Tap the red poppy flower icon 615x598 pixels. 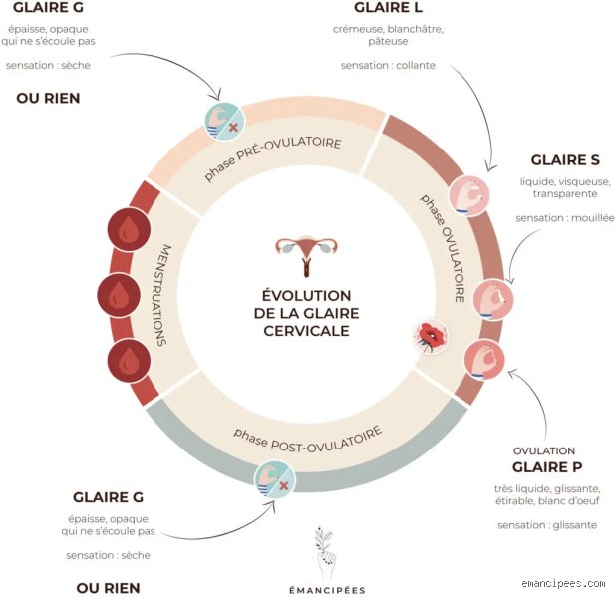pos(431,337)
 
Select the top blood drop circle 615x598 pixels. pos(129,230)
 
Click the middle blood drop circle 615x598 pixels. pos(119,295)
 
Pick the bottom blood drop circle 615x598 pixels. pos(129,361)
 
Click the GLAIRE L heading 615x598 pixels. pos(388,8)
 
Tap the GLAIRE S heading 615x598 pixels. pos(565,160)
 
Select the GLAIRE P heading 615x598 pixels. pos(547,467)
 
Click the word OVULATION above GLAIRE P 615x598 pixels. pos(544,450)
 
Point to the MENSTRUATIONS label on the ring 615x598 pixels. pos(164,295)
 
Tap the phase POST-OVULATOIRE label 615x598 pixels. pos(308,440)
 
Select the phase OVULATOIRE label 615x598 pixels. pos(445,248)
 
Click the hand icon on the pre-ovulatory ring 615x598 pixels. pos(225,122)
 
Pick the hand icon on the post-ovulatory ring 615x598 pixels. pos(274,479)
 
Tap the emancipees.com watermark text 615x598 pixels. pos(563,583)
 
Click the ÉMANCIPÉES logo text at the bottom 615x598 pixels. pos(327,590)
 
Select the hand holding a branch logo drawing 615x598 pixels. pos(325,553)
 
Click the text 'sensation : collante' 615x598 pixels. pos(388,65)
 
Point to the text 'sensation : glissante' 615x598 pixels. pos(547,525)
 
